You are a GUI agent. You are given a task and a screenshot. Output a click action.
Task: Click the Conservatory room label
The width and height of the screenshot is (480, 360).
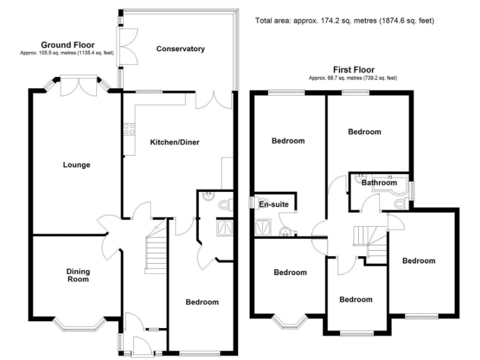pos(181,49)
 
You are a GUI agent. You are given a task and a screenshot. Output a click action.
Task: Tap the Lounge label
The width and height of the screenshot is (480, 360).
pos(76,165)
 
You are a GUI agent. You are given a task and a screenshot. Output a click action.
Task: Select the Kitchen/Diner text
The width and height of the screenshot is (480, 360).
pos(172,142)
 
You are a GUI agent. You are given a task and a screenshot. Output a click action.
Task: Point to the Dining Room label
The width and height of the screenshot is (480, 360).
pos(79,275)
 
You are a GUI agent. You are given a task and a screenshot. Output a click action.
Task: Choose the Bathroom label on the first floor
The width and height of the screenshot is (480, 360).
pos(379,182)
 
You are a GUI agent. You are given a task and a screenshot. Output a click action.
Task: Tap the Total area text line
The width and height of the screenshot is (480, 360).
pos(344,21)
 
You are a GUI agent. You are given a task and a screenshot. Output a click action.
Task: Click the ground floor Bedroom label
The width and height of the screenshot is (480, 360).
pos(202,302)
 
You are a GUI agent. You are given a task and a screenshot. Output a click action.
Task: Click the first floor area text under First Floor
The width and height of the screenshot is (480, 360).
pos(352,78)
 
